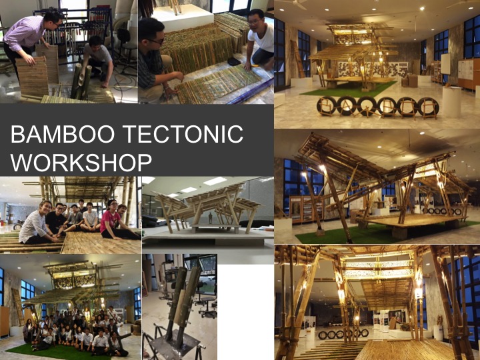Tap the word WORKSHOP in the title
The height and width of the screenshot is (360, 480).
pyautogui.click(x=81, y=163)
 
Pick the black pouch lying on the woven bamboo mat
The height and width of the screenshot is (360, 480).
pyautogui.click(x=235, y=61)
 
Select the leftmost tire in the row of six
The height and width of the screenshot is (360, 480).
pyautogui.click(x=327, y=106)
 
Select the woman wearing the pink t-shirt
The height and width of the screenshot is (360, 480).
pyautogui.click(x=111, y=223)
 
